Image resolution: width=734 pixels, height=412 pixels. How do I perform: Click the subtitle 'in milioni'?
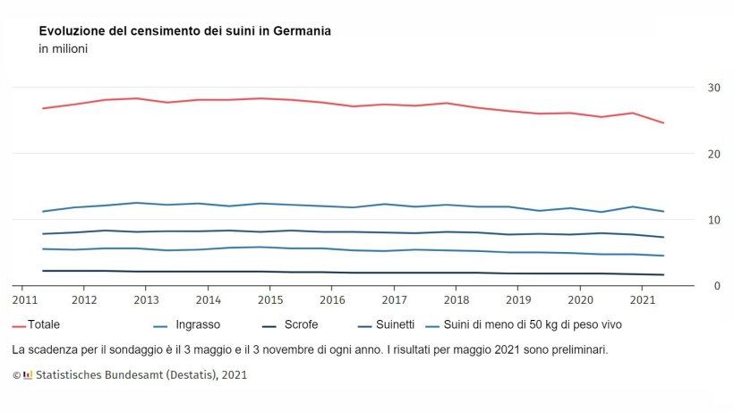click(63, 48)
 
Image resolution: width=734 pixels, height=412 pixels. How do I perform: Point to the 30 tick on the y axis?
click(713, 88)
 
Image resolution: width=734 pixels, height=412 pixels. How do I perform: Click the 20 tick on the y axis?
click(713, 154)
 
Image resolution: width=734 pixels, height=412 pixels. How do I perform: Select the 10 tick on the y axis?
click(713, 220)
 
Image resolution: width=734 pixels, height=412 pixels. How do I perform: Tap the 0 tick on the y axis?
click(716, 286)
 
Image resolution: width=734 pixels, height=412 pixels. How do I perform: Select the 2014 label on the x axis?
click(209, 299)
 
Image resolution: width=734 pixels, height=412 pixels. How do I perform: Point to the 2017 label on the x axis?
click(395, 299)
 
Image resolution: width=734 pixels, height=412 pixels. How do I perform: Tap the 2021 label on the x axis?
click(643, 299)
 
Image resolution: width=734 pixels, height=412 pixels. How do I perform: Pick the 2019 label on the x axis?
click(519, 299)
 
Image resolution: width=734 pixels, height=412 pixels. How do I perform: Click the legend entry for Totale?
click(37, 324)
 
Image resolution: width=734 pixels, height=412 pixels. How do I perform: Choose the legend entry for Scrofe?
click(300, 324)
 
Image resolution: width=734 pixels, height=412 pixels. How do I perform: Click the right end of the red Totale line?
click(663, 122)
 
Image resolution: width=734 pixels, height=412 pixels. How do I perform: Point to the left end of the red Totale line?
click(42, 108)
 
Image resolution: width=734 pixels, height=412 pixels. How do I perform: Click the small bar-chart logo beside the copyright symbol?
click(28, 375)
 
